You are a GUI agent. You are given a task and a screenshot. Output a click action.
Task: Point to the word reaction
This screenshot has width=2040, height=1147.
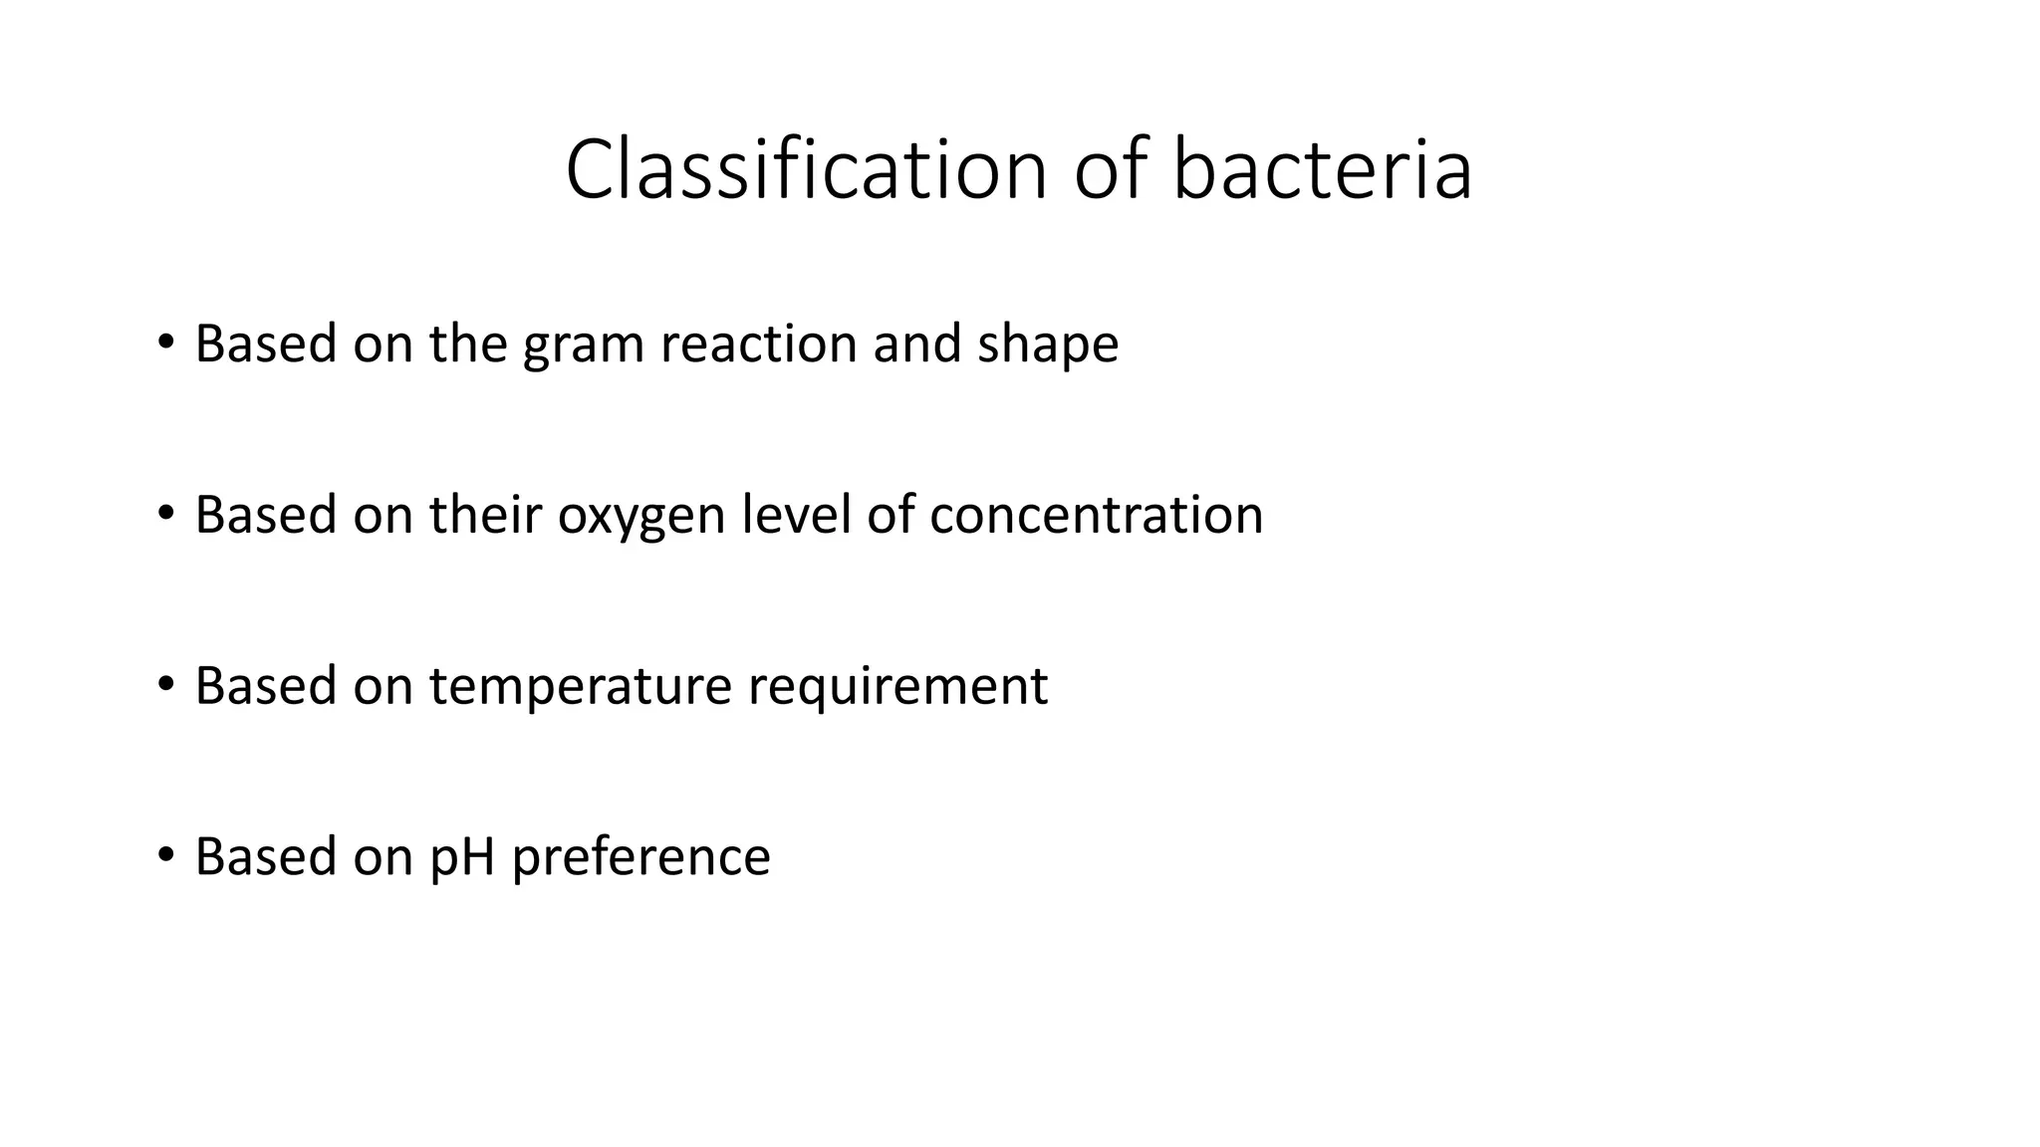tap(758, 344)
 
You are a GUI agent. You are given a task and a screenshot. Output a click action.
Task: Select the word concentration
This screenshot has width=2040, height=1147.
tap(1096, 516)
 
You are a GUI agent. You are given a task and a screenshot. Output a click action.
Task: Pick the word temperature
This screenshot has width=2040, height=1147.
tap(581, 687)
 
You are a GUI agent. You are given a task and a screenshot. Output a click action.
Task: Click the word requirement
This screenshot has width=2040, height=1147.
tap(897, 687)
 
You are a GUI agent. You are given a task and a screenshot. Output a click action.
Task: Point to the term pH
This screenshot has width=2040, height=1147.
tap(462, 857)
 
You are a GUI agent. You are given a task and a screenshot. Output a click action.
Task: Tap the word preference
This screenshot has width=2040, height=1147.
tap(640, 857)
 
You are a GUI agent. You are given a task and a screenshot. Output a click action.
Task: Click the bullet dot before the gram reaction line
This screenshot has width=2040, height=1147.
tap(165, 344)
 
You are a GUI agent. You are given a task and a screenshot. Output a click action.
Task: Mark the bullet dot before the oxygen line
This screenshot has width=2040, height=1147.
tap(165, 515)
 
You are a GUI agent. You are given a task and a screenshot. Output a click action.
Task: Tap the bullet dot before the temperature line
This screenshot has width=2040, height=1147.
tap(165, 686)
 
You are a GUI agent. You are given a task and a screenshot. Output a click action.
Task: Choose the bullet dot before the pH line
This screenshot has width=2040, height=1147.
tap(165, 856)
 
